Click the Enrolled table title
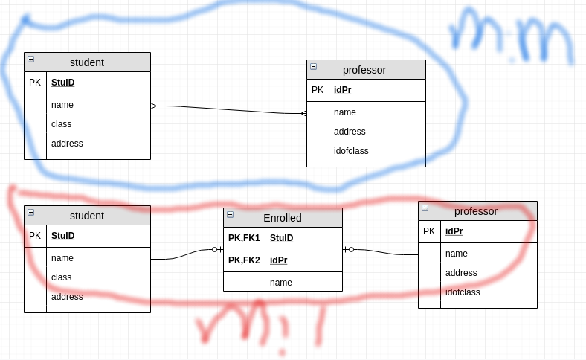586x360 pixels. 283,218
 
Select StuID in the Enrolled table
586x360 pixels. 281,238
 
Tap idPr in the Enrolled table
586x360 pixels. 278,260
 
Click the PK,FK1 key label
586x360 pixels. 244,238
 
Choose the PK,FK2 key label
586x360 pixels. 244,260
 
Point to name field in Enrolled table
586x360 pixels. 280,283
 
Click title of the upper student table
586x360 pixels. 87,62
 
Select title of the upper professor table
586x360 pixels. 364,70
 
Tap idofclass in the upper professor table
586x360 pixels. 351,151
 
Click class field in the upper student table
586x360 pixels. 61,124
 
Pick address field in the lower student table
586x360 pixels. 67,297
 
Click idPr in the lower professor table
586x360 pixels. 454,231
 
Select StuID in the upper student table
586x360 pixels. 62,83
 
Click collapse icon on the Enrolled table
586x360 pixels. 230,214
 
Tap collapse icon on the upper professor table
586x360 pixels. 313,66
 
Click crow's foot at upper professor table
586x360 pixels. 303,114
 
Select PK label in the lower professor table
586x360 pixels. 429,231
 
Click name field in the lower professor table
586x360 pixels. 456,254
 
